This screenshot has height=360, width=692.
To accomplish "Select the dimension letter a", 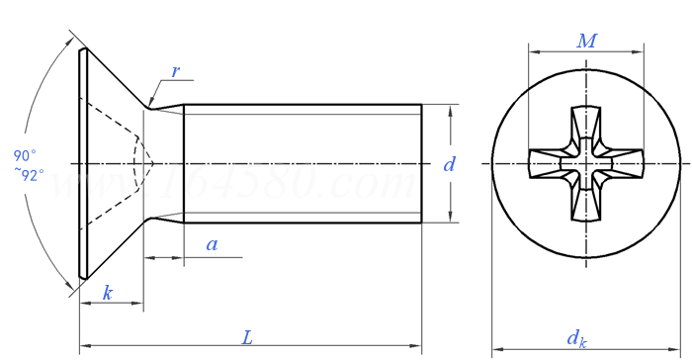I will tap(213, 244).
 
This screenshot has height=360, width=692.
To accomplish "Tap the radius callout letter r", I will tap(175, 71).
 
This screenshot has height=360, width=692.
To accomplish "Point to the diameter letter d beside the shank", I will tap(449, 165).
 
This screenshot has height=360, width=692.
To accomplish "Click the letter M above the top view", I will tap(587, 42).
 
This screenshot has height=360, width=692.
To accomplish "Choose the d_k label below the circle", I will tap(576, 338).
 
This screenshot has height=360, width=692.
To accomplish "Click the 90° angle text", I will tap(25, 155).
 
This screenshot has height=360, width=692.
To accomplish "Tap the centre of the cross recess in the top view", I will tap(586, 161).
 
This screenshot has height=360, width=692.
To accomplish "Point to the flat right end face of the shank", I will tap(422, 163).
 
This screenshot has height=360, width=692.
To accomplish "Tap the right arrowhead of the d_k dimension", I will tap(676, 348).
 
